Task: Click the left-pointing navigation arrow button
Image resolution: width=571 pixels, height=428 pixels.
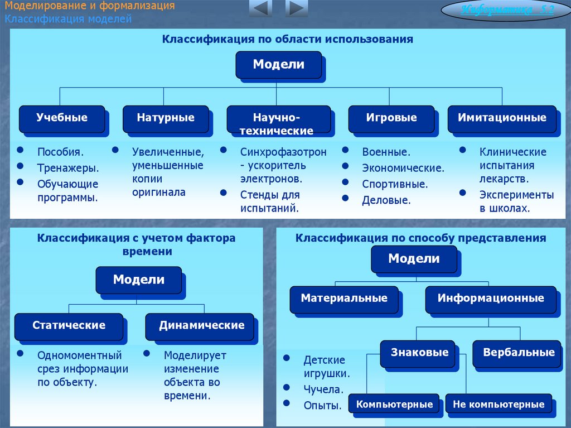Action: point(260,9)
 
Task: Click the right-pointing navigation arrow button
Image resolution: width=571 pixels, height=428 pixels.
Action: point(297,9)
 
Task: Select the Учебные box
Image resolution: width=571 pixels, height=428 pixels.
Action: point(62,118)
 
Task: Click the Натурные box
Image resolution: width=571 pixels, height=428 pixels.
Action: point(166,118)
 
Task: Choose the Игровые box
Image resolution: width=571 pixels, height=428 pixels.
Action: point(391,118)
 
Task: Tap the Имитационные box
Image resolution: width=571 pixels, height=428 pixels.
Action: point(502,118)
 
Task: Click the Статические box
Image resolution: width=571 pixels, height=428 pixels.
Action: point(69,326)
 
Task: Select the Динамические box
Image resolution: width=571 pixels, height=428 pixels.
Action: point(201,326)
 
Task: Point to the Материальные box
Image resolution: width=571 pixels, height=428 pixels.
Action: point(344,299)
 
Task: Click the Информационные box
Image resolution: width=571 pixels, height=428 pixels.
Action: point(491,299)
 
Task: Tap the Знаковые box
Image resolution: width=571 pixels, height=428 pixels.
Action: point(420,353)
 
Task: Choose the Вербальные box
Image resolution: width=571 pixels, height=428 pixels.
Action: point(519,353)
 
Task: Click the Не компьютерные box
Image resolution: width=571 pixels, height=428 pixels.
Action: point(499,404)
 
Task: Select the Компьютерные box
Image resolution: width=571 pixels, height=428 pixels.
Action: point(395,404)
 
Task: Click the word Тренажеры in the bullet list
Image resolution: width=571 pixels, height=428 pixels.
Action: point(68,168)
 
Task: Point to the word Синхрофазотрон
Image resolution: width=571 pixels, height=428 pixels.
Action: point(283,152)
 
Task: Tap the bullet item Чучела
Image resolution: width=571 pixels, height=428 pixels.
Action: point(323,390)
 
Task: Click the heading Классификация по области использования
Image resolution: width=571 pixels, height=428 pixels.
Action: point(287,40)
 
